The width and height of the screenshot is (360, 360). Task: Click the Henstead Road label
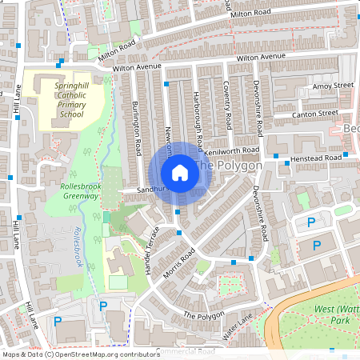click(x=316, y=158)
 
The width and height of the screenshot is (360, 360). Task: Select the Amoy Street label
click(x=334, y=85)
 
